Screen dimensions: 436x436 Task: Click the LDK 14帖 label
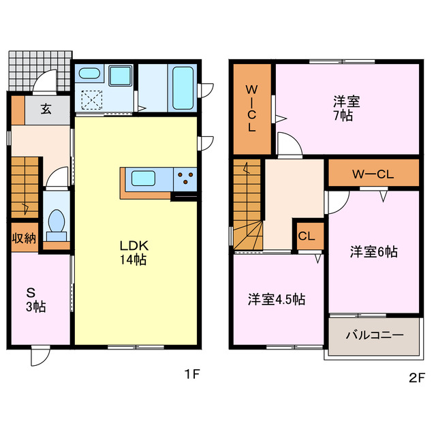[134, 252]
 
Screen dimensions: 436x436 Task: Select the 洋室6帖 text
[373, 252]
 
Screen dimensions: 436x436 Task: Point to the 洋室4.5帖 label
[275, 299]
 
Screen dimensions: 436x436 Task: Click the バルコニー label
[373, 335]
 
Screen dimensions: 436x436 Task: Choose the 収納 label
[24, 238]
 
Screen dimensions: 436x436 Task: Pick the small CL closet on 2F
[306, 236]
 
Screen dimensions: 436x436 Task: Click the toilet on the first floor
[55, 223]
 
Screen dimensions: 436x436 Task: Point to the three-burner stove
[185, 180]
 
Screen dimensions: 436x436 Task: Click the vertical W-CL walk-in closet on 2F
[251, 108]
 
